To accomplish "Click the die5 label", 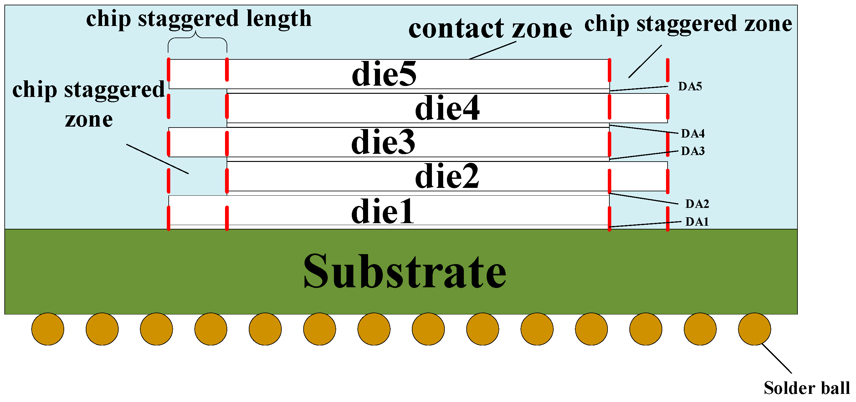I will pyautogui.click(x=384, y=74).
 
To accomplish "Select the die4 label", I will pyautogui.click(x=447, y=108).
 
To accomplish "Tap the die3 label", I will pyautogui.click(x=383, y=143).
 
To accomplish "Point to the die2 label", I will pyautogui.click(x=447, y=177).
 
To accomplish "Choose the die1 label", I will pyautogui.click(x=382, y=211).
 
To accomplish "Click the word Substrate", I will pyautogui.click(x=404, y=271).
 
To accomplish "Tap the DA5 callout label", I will pyautogui.click(x=690, y=87).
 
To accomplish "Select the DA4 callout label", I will pyautogui.click(x=693, y=133).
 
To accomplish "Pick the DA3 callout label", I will pyautogui.click(x=693, y=151).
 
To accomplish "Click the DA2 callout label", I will pyautogui.click(x=697, y=204).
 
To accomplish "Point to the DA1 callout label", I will pyautogui.click(x=697, y=222).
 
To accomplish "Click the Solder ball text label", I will pyautogui.click(x=807, y=388).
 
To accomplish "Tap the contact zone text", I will pyautogui.click(x=490, y=28).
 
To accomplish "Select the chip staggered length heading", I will pyautogui.click(x=199, y=18).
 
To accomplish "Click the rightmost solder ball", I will pyautogui.click(x=754, y=329).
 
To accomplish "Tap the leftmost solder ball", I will pyautogui.click(x=48, y=329).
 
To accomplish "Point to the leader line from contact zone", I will pyautogui.click(x=492, y=50).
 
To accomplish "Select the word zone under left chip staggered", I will pyautogui.click(x=89, y=119).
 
